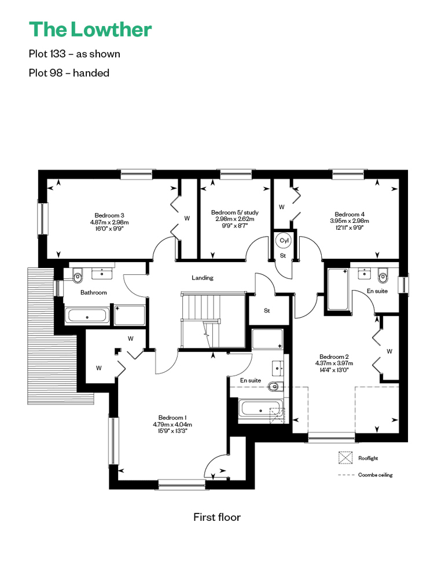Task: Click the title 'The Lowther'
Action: [x=90, y=30]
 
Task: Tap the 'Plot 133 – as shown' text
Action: [x=74, y=54]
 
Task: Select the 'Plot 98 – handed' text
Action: [x=69, y=73]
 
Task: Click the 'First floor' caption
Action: [x=217, y=517]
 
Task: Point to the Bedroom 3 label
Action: [x=109, y=215]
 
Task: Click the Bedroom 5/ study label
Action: [x=235, y=212]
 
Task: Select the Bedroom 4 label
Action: [x=350, y=214]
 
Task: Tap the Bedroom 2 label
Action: [x=334, y=357]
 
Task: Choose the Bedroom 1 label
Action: [x=172, y=417]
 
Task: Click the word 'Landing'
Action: [x=203, y=278]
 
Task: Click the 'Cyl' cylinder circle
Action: [x=284, y=241]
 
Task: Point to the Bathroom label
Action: [x=94, y=292]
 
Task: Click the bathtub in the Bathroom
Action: [x=87, y=316]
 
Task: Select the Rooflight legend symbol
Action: [x=345, y=458]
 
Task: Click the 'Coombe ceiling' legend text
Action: [x=375, y=475]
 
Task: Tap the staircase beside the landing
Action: [x=213, y=320]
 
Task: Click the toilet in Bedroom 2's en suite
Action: [x=383, y=276]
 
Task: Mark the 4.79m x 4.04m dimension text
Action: [x=172, y=424]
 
